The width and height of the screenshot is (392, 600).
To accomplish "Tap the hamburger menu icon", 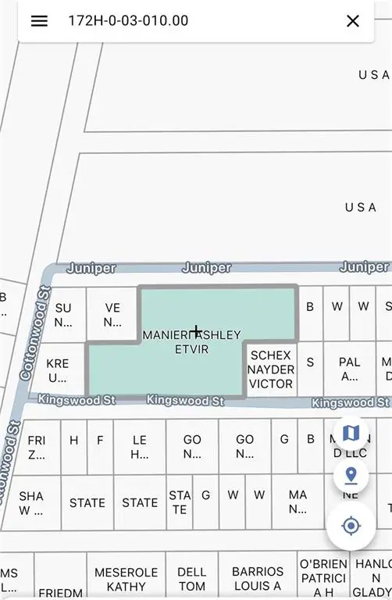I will coord(39,21).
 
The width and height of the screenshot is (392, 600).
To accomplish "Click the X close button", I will coord(353,21).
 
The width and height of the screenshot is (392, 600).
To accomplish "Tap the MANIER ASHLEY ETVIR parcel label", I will coord(191,342).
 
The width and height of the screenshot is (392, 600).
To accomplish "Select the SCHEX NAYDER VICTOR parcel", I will coord(271,370).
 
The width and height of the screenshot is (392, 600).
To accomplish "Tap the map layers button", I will coord(351,432).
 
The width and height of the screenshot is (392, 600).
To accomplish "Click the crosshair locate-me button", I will coord(351,525).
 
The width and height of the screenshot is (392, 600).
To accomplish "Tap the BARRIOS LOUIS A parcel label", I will coord(257,579).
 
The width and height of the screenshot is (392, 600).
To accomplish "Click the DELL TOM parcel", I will coord(191,579).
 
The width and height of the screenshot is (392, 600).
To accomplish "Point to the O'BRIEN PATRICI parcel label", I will coord(323,578).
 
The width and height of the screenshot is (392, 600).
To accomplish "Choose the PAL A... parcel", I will coord(349,369).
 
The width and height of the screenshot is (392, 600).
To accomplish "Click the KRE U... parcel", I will coord(57,370).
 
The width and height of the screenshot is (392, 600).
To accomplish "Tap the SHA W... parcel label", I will coord(31,502).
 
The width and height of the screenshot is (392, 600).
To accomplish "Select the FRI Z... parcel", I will coord(36,446).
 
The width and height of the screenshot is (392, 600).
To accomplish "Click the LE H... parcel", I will coord(139,446).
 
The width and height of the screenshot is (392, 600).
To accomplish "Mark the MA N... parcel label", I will coord(298,502).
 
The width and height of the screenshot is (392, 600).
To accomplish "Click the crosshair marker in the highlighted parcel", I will coord(196,332).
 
